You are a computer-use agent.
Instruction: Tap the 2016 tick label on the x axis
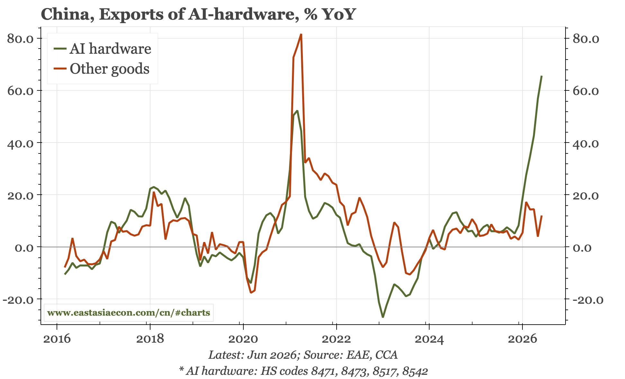57,339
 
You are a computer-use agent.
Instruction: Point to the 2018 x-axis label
149,339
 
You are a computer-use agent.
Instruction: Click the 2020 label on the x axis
243,339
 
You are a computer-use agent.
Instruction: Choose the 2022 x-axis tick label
336,339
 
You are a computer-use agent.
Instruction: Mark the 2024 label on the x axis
429,339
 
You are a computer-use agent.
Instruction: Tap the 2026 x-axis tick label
522,339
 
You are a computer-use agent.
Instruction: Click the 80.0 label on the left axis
20,39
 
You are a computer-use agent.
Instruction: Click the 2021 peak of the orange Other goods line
301,34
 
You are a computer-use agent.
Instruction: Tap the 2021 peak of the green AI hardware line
297,111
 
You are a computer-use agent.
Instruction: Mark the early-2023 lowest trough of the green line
383,317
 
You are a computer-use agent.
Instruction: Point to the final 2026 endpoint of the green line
542,76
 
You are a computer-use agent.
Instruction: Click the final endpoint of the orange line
542,216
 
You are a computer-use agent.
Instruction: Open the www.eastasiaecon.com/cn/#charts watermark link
129,312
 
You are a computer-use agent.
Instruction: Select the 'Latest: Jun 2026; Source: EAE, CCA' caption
303,355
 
